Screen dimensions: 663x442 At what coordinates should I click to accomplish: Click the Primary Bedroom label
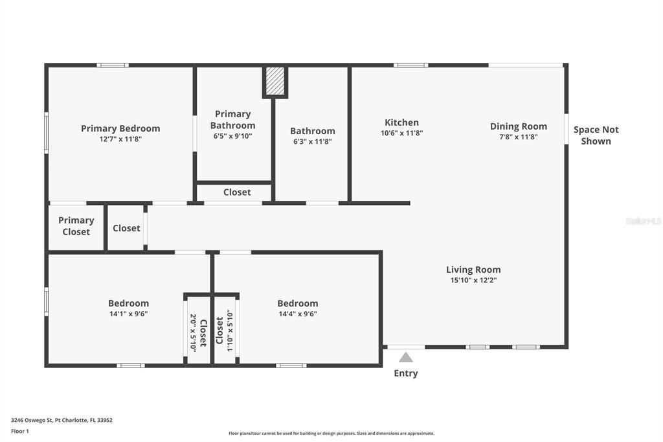pyautogui.click(x=120, y=128)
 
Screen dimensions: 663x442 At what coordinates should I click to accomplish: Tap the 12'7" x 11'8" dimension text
pyautogui.click(x=120, y=139)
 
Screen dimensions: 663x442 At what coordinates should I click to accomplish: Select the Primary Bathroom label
pyautogui.click(x=232, y=119)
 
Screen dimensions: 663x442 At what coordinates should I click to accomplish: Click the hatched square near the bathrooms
pyautogui.click(x=275, y=80)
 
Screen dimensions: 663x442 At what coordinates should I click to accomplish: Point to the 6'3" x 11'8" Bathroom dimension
pyautogui.click(x=313, y=141)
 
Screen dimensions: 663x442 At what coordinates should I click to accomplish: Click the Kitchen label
pyautogui.click(x=401, y=122)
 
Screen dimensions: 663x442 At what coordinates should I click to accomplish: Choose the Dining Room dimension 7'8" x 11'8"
pyautogui.click(x=519, y=137)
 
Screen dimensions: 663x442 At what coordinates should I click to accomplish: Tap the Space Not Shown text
pyautogui.click(x=596, y=135)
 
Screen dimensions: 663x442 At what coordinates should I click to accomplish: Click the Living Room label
pyautogui.click(x=473, y=270)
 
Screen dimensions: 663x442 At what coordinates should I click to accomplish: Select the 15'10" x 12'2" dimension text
pyautogui.click(x=473, y=280)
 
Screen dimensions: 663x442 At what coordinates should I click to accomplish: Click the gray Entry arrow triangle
pyautogui.click(x=406, y=358)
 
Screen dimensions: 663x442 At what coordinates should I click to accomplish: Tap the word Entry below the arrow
pyautogui.click(x=406, y=373)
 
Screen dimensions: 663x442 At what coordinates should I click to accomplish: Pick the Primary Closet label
pyautogui.click(x=76, y=226)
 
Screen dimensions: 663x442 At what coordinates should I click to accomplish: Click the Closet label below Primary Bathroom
pyautogui.click(x=237, y=192)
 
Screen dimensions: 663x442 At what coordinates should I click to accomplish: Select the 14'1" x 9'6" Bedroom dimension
pyautogui.click(x=129, y=314)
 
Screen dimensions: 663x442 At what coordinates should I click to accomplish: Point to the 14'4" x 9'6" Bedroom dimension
pyautogui.click(x=298, y=314)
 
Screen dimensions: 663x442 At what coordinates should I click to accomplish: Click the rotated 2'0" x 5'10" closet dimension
pyautogui.click(x=193, y=332)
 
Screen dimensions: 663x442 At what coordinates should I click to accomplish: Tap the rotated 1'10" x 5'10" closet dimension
pyautogui.click(x=230, y=332)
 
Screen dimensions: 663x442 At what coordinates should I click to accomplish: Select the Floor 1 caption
pyautogui.click(x=20, y=432)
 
